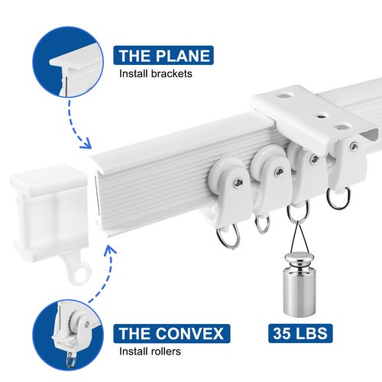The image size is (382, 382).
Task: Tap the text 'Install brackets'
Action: point(156,74)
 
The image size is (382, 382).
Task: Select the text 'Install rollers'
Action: point(150,351)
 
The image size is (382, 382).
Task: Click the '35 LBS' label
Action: point(300,333)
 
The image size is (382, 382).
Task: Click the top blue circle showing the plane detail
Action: point(68,62)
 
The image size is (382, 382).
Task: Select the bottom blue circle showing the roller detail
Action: point(68,335)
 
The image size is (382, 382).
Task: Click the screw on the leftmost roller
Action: point(238,182)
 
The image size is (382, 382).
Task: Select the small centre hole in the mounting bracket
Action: point(319,117)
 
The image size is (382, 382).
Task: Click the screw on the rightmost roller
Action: point(354,146)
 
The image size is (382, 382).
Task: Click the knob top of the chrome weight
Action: point(299,258)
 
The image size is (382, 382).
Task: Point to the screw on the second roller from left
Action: point(278,172)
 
